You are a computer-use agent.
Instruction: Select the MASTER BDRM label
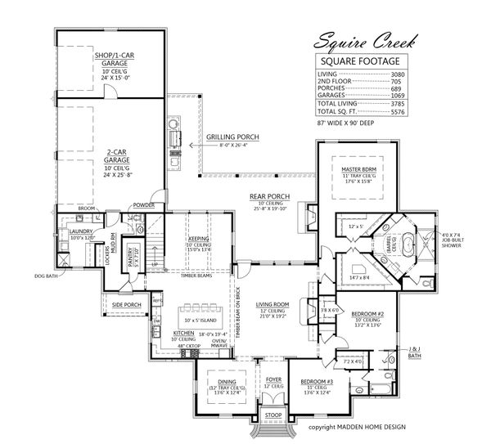point(358,169)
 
